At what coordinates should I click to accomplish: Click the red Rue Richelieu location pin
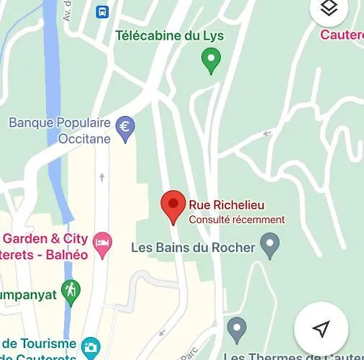click(173, 206)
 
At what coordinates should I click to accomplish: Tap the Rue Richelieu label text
click(224, 204)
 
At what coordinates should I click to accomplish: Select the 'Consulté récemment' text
click(237, 220)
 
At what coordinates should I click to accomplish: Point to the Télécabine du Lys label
click(170, 35)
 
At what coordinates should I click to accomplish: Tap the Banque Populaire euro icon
click(125, 128)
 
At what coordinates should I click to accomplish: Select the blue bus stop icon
click(103, 12)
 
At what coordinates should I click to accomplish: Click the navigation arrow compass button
click(321, 329)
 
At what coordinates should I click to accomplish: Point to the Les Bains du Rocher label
click(194, 248)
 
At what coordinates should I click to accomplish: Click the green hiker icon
click(70, 292)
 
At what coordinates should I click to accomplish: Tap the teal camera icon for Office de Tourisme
click(90, 348)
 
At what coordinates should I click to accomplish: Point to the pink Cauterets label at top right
click(341, 35)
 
